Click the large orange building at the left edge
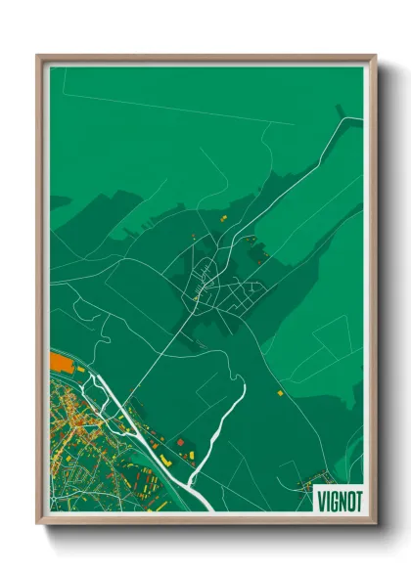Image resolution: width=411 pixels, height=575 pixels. [x=61, y=364]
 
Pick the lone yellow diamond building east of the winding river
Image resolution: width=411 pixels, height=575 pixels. [x=278, y=391]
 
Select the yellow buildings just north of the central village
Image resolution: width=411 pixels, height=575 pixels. [x=221, y=217]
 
